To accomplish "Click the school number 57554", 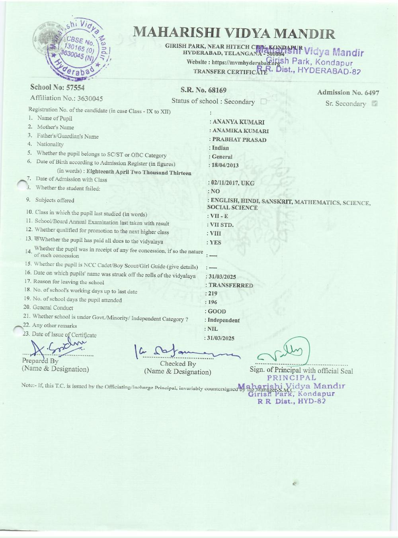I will [x=58, y=87].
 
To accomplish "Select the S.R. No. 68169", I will [x=203, y=90].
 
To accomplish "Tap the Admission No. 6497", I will [x=348, y=92].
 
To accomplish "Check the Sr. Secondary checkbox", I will [x=374, y=104].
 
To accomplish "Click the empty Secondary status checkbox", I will [x=263, y=102].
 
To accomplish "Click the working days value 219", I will [x=212, y=293].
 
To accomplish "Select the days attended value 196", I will [x=212, y=302].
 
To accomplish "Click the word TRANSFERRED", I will [x=230, y=285].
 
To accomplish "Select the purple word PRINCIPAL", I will [x=291, y=377].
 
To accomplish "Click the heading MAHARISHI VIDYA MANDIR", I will [x=234, y=33].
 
